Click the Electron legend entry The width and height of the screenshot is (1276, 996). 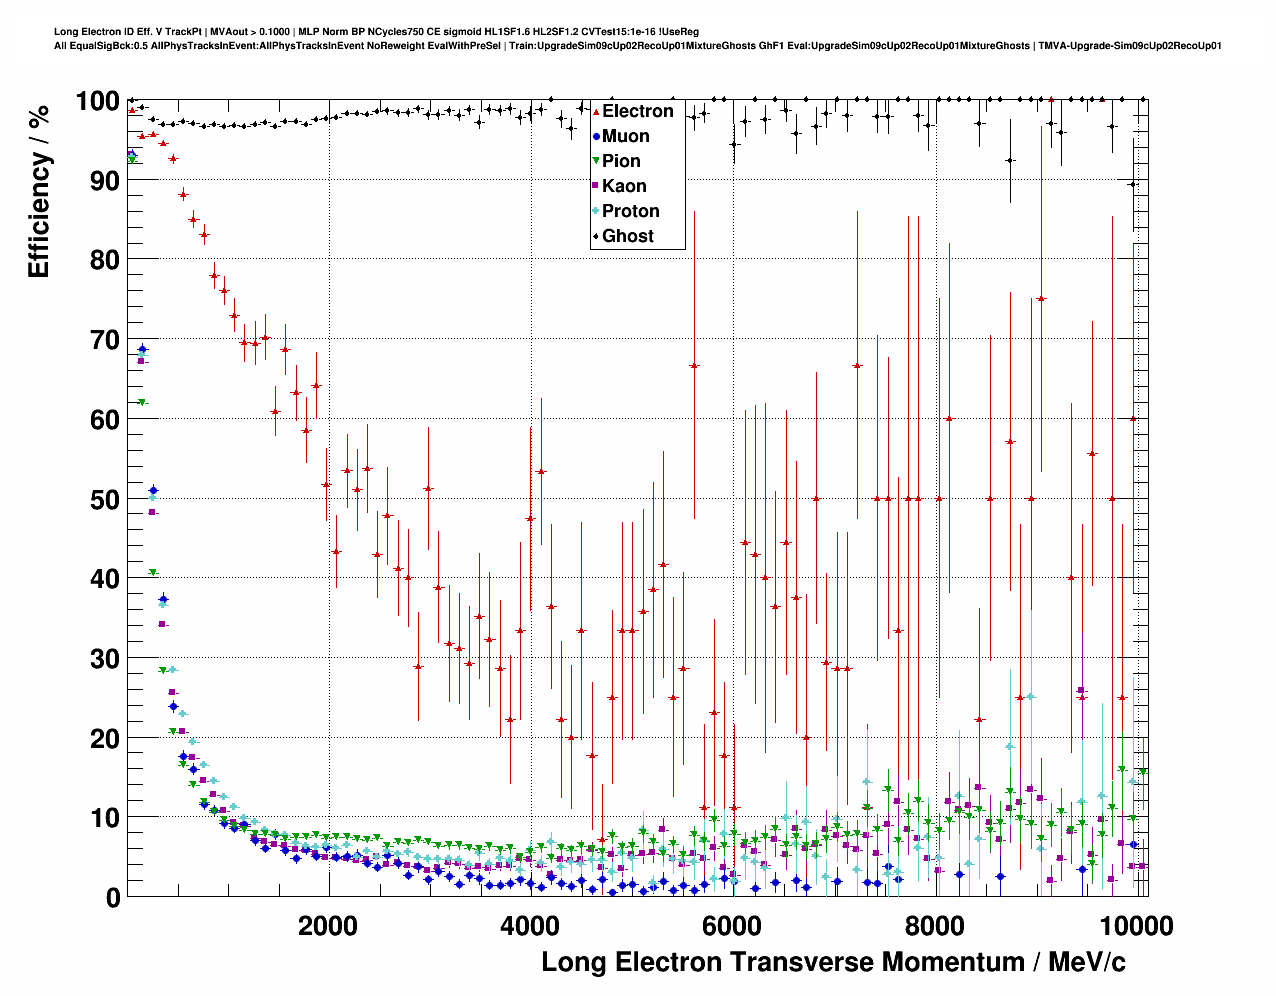(637, 111)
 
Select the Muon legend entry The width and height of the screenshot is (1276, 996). (625, 136)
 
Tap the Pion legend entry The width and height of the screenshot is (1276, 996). (621, 161)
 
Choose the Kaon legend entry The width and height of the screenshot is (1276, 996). (624, 186)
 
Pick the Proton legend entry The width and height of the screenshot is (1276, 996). (630, 211)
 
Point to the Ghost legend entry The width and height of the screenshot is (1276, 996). (627, 236)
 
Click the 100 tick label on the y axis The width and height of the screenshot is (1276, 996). (97, 101)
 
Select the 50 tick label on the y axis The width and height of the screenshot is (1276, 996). (104, 499)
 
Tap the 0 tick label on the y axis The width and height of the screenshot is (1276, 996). (112, 897)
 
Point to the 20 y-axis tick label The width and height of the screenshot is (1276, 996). (104, 738)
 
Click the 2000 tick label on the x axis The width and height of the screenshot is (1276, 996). (328, 925)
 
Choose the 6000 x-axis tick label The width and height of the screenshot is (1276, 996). (732, 925)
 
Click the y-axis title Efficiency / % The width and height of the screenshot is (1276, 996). (39, 191)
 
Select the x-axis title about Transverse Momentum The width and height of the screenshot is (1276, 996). (833, 962)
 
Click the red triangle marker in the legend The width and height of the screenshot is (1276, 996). (597, 111)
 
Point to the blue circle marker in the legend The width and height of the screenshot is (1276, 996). (597, 136)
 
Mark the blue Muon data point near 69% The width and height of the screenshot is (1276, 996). (142, 349)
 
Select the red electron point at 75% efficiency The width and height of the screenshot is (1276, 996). (1041, 299)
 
